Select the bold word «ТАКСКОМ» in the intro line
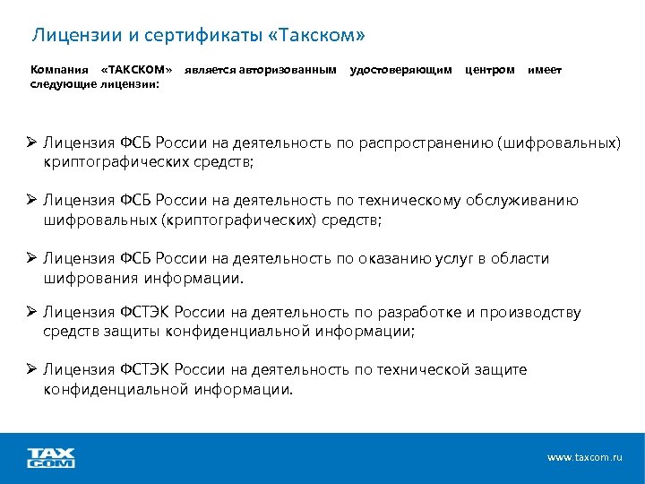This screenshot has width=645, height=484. click(x=136, y=70)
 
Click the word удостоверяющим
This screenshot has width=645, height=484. click(x=400, y=70)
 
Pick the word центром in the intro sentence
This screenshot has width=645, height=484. click(x=490, y=70)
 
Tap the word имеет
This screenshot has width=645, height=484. click(x=545, y=70)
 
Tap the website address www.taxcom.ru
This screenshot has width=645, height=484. click(x=584, y=458)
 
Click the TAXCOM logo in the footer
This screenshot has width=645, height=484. click(x=51, y=458)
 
